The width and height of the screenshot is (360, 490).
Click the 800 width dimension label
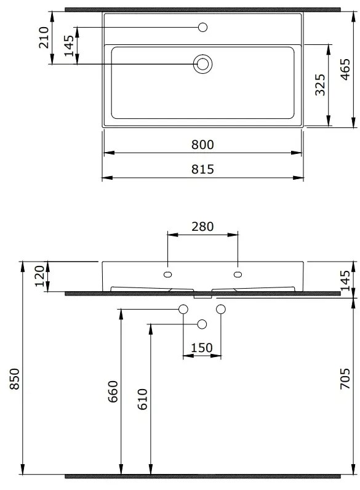click(202, 145)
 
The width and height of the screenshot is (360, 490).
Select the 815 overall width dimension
click(202, 169)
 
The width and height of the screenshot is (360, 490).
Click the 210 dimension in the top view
click(44, 38)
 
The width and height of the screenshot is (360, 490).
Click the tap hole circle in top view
click(203, 27)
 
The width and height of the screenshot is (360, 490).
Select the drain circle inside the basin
click(202, 63)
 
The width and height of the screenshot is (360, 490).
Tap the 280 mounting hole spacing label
click(202, 226)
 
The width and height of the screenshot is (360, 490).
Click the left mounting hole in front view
click(168, 273)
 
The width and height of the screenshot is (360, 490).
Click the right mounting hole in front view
click(238, 273)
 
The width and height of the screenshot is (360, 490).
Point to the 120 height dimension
click(41, 277)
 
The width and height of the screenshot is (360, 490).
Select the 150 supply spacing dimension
click(202, 348)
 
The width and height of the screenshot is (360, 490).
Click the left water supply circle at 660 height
click(183, 308)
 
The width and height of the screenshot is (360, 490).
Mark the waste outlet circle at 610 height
click(202, 324)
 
